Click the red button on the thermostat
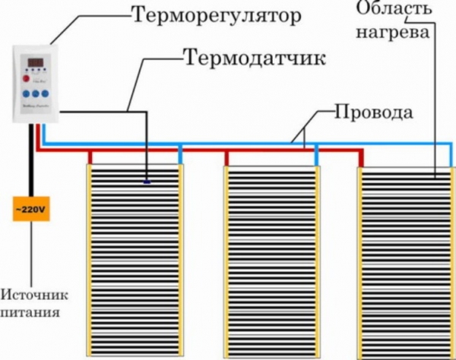(25, 77)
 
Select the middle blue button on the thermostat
(36, 95)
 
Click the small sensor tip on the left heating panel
(147, 182)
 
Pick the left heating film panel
(135, 258)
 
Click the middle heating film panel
(271, 258)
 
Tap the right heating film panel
(404, 258)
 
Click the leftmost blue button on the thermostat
(25, 95)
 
